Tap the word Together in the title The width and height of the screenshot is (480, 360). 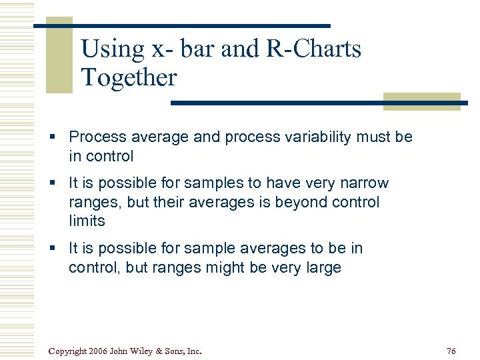[x=129, y=78]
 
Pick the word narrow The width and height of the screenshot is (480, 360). [x=366, y=183]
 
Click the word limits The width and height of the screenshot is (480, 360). [x=87, y=221]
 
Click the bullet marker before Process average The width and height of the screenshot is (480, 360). [x=58, y=137]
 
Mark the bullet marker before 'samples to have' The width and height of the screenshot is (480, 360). [x=58, y=183]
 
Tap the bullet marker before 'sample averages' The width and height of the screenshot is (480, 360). [x=58, y=249]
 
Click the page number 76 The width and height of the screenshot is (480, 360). [x=451, y=351]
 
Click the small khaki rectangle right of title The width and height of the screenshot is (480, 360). [x=421, y=101]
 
